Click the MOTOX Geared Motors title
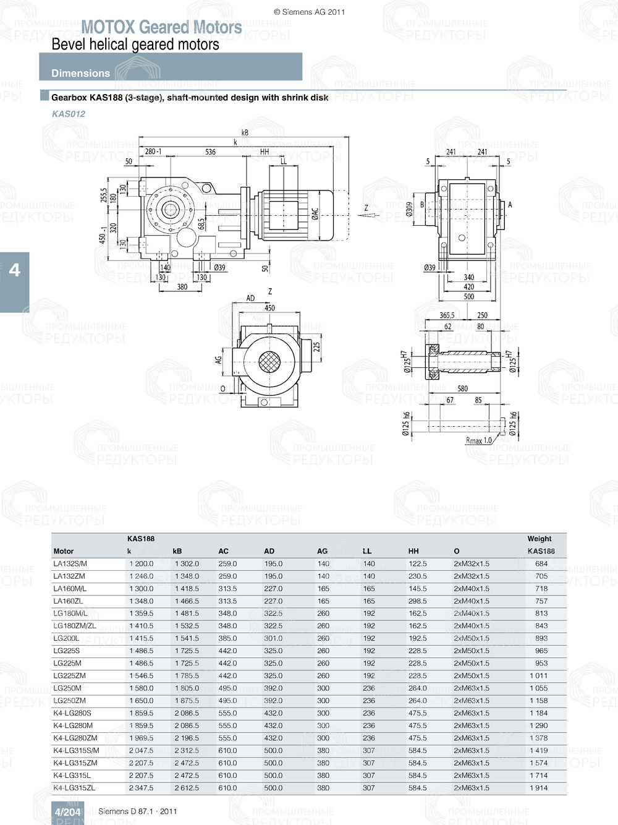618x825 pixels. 161,27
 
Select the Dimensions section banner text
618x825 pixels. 80,73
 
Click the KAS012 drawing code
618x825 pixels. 69,114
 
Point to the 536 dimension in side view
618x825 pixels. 210,152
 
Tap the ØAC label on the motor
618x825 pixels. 315,213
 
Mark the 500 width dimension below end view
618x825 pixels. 469,296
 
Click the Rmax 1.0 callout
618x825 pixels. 478,440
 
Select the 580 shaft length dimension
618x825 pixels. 462,388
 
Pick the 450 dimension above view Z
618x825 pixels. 269,308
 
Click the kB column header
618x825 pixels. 177,551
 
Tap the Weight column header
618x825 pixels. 539,539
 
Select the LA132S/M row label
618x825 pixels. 70,563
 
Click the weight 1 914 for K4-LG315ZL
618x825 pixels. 538,788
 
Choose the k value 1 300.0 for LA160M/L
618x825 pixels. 141,589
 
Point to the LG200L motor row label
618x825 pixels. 66,638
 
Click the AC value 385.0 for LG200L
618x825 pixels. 227,638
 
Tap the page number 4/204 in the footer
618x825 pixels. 67,812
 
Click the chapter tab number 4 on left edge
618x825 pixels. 14,270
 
